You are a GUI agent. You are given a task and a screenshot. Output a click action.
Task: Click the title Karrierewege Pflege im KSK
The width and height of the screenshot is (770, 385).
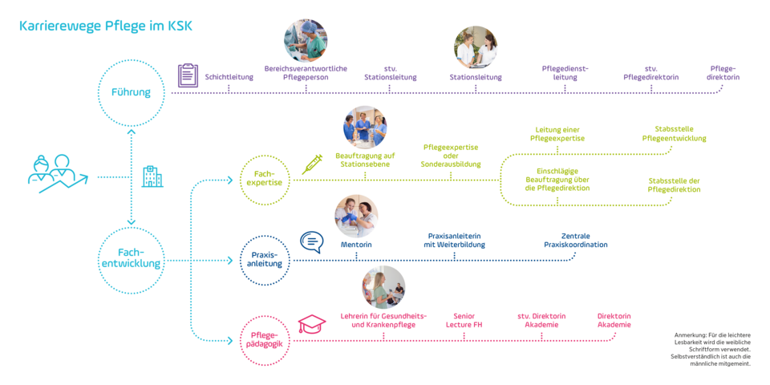tap(105, 26)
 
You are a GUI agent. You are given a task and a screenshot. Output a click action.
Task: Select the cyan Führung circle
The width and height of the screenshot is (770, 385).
tap(130, 92)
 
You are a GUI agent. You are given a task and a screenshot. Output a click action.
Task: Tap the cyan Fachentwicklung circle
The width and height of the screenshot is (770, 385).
tap(130, 260)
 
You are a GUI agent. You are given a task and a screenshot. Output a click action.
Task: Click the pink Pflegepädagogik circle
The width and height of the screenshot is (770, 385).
tap(265, 341)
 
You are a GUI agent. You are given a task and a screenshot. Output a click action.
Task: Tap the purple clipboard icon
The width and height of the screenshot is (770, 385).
tap(187, 75)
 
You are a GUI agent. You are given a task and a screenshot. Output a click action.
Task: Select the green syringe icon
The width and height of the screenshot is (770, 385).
tap(311, 164)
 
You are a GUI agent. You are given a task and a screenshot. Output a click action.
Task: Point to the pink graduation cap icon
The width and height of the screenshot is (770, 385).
tap(312, 324)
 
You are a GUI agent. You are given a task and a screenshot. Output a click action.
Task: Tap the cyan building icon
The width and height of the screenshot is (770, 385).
tap(152, 176)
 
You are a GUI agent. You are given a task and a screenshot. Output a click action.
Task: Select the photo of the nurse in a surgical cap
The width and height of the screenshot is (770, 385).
tap(306, 42)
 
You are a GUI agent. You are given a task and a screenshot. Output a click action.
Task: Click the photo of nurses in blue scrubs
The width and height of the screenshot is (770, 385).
tap(365, 128)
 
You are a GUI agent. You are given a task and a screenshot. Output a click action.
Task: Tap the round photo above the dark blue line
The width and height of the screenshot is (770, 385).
tap(356, 216)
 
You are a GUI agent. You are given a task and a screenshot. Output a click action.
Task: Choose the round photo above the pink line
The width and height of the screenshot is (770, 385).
tap(383, 287)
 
